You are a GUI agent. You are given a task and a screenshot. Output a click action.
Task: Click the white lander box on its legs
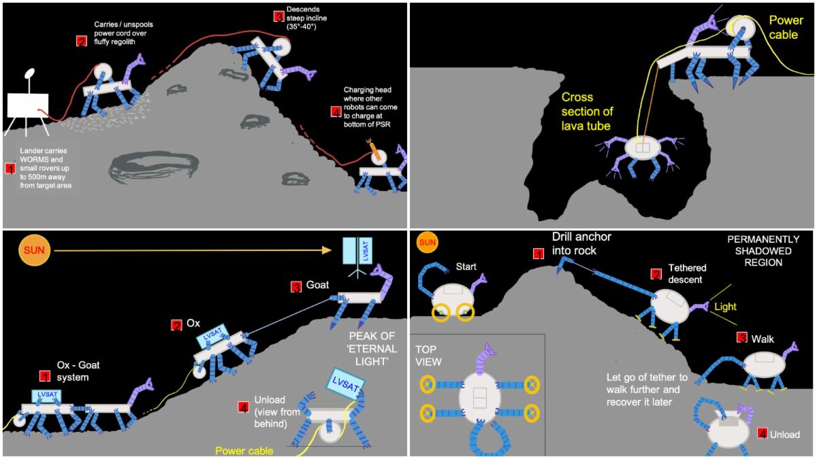point(27,105)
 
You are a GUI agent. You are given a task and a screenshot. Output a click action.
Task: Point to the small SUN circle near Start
point(427,241)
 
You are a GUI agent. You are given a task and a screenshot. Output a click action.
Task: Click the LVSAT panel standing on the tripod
point(358,252)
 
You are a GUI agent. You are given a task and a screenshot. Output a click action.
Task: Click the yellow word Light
point(725,307)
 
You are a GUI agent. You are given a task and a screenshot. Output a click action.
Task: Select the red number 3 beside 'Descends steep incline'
point(278,16)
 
